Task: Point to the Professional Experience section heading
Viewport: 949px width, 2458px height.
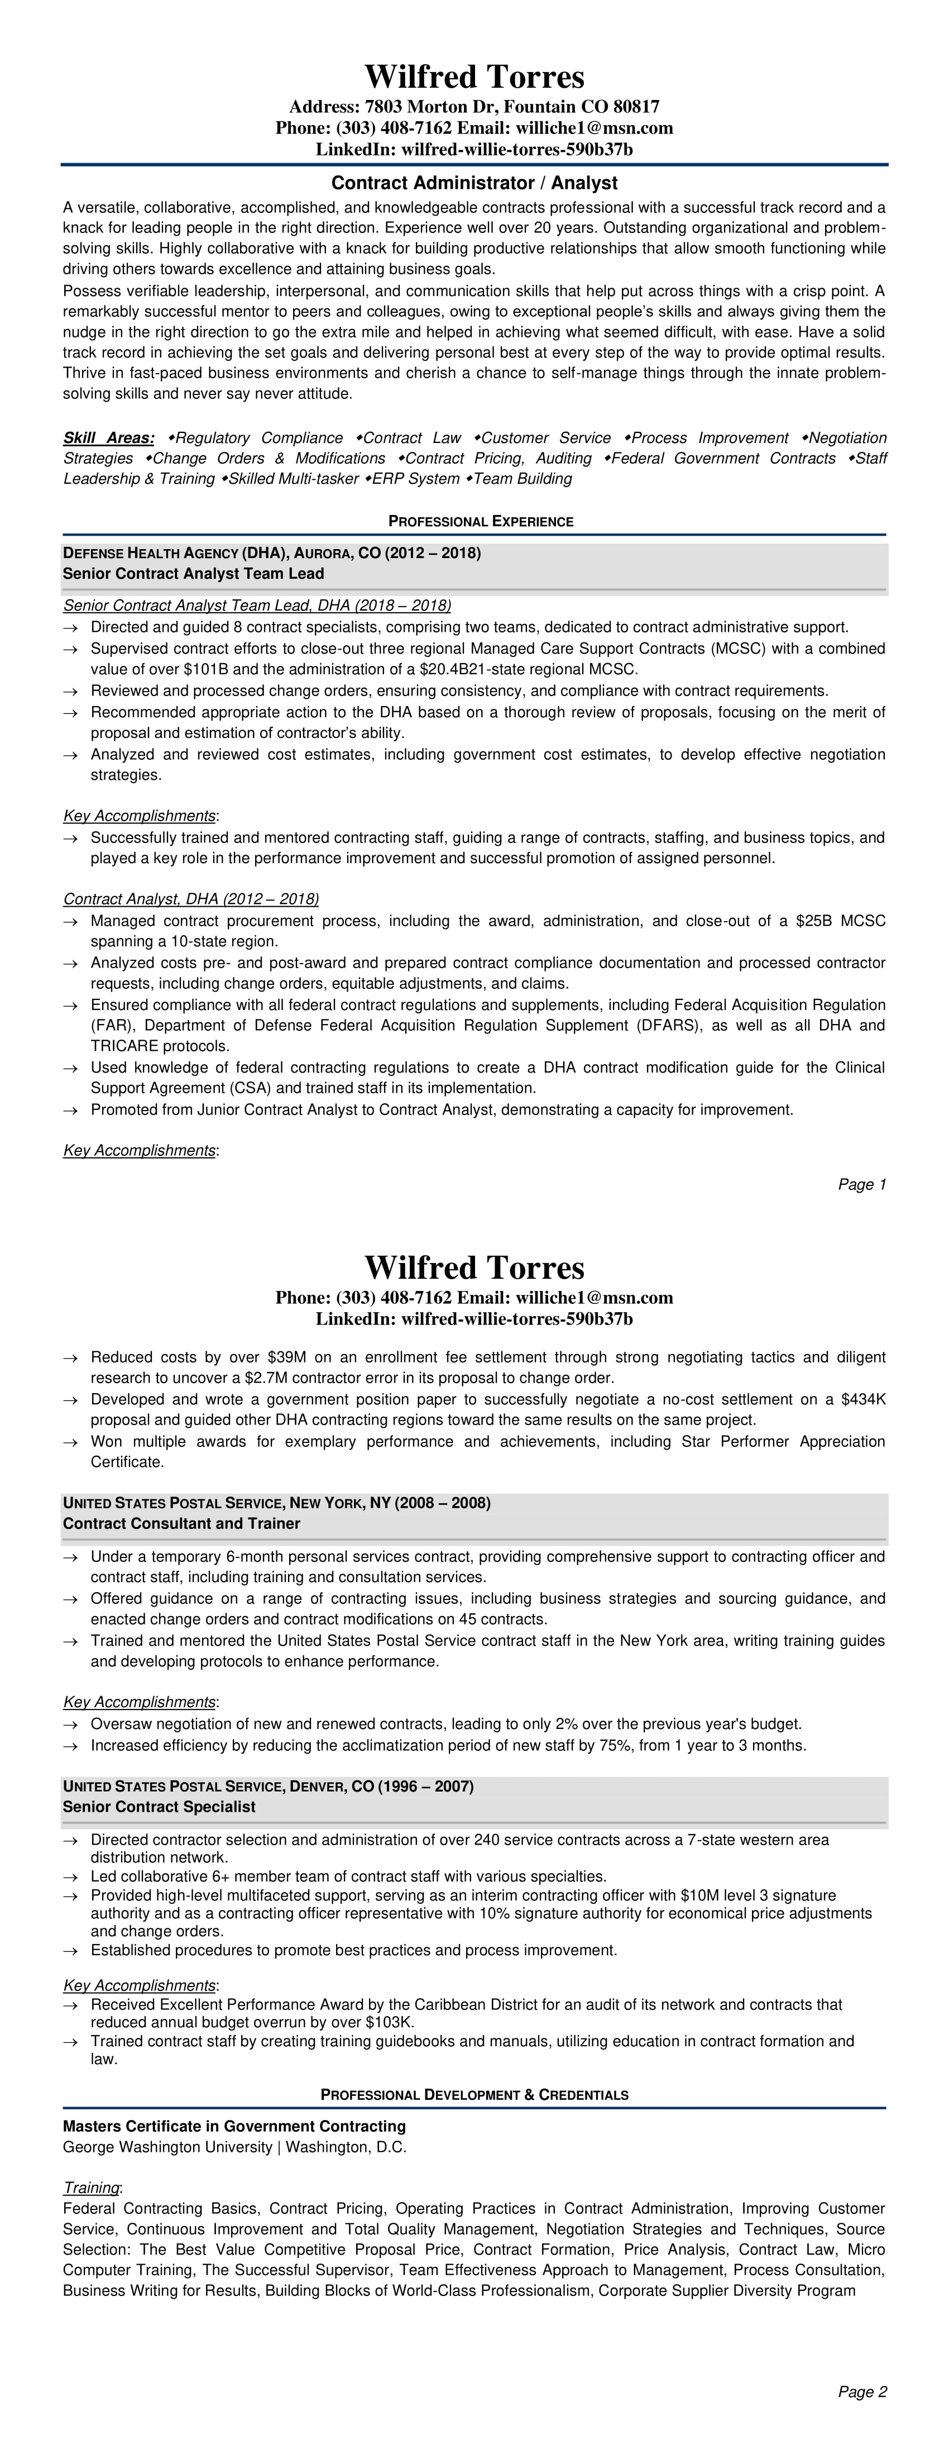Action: pos(481,522)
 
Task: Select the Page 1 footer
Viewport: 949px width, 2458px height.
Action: pos(862,1185)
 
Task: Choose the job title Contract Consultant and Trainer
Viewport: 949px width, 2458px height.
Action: pos(181,1524)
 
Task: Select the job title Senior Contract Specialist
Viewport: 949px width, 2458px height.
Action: pos(159,1807)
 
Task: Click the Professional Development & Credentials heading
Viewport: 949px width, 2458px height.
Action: pos(474,2095)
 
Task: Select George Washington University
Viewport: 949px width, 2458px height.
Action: pos(168,2147)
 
